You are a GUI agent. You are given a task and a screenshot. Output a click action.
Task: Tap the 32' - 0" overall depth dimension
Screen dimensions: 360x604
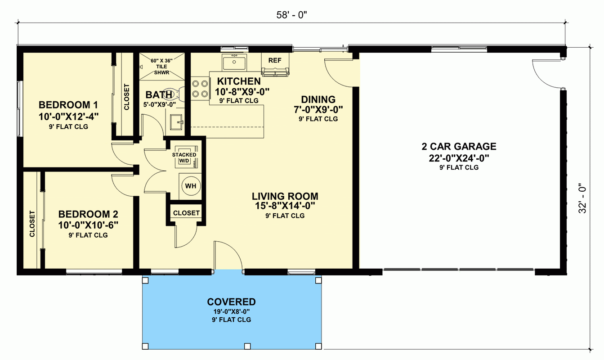pyautogui.click(x=583, y=198)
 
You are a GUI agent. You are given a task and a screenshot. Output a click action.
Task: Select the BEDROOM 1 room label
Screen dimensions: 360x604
pyautogui.click(x=68, y=105)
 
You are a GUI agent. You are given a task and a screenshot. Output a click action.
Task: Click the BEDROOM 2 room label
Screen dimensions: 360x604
pyautogui.click(x=88, y=214)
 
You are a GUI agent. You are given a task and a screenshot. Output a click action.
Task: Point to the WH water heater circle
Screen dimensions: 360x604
pyautogui.click(x=191, y=185)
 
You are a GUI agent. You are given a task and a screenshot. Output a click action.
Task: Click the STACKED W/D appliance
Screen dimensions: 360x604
pyautogui.click(x=184, y=155)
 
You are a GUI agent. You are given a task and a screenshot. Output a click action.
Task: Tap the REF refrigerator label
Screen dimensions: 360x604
pyautogui.click(x=274, y=60)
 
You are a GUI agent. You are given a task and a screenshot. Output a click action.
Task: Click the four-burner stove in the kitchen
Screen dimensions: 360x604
pyautogui.click(x=200, y=89)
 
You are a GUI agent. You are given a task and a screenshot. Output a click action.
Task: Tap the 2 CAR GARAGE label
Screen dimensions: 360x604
pyautogui.click(x=459, y=147)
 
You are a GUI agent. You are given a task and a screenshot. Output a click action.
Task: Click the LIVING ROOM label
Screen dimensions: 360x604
pyautogui.click(x=285, y=197)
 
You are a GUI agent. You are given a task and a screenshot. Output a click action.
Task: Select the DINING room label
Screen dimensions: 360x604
pyautogui.click(x=318, y=99)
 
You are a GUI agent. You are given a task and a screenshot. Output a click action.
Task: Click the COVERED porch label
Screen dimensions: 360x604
pyautogui.click(x=231, y=302)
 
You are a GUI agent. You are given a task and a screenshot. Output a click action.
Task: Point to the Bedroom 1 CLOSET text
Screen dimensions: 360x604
pyautogui.click(x=126, y=97)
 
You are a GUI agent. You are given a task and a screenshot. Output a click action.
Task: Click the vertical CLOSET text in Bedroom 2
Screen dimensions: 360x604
pyautogui.click(x=32, y=224)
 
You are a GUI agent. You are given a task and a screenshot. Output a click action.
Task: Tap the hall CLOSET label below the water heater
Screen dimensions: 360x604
pyautogui.click(x=186, y=213)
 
